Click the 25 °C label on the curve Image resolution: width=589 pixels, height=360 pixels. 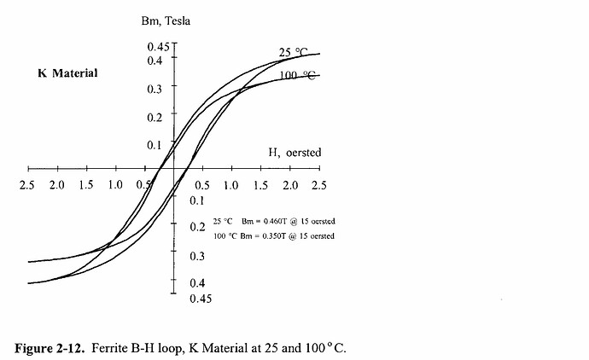click(x=294, y=53)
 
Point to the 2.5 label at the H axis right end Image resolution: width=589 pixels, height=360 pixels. click(x=318, y=184)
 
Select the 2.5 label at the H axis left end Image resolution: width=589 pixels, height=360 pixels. click(x=28, y=184)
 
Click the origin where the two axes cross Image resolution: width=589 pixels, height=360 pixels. click(x=174, y=167)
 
